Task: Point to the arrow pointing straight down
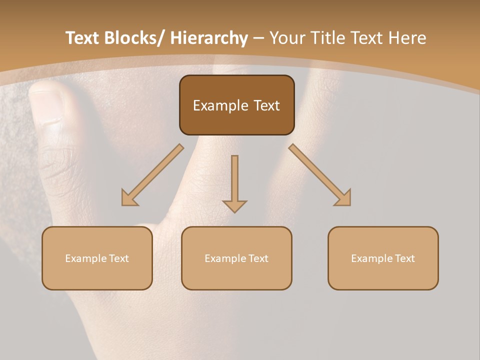click(234, 182)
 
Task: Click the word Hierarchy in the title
click(208, 38)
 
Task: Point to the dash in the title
click(258, 38)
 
